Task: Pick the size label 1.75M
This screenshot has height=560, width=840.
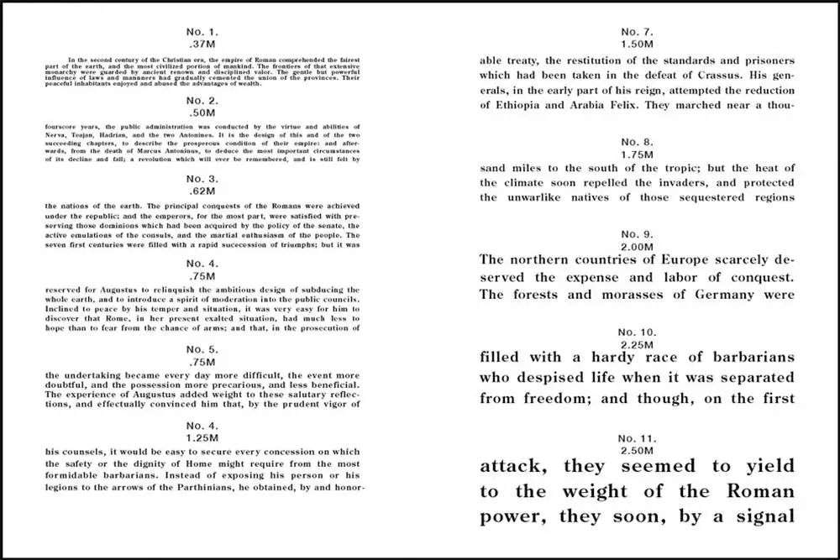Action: coord(636,154)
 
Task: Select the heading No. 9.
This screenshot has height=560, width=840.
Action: coord(636,233)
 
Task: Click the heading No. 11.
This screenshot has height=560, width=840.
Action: coord(636,439)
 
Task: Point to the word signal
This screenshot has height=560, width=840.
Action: coord(759,516)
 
